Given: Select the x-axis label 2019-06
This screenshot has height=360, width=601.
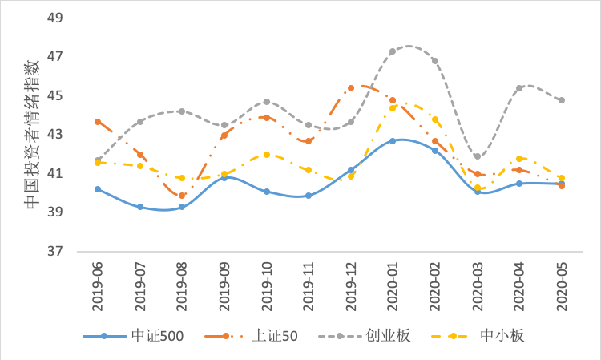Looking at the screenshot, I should [x=98, y=282].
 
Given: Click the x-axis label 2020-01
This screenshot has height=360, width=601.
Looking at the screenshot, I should [x=393, y=282].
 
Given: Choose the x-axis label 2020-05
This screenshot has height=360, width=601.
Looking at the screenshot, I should [x=562, y=282].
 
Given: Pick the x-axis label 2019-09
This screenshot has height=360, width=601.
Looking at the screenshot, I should [x=224, y=282].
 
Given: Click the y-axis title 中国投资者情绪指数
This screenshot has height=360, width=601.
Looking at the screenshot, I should [x=31, y=135].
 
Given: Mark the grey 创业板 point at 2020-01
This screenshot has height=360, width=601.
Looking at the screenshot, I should [x=393, y=51].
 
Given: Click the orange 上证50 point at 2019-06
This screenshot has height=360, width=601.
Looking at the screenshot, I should [x=98, y=122].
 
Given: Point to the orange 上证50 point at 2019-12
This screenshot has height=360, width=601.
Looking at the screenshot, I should [x=351, y=88].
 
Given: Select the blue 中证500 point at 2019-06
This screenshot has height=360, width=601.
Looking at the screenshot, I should [x=98, y=189].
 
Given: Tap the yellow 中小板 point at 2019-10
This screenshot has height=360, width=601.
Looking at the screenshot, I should [x=267, y=154].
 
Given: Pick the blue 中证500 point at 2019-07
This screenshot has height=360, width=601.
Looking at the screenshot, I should [x=140, y=207].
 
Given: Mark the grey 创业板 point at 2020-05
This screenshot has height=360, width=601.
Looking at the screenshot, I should [x=562, y=100].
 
